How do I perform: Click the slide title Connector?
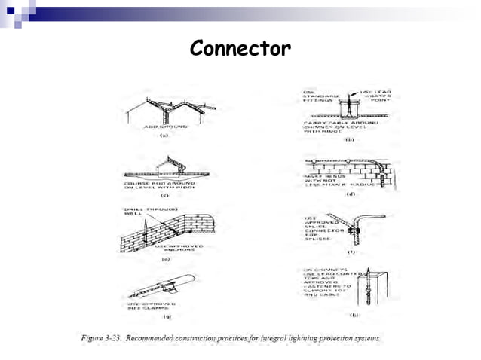(240, 49)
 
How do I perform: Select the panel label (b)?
(348, 140)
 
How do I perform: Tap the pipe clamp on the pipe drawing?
(161, 286)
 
